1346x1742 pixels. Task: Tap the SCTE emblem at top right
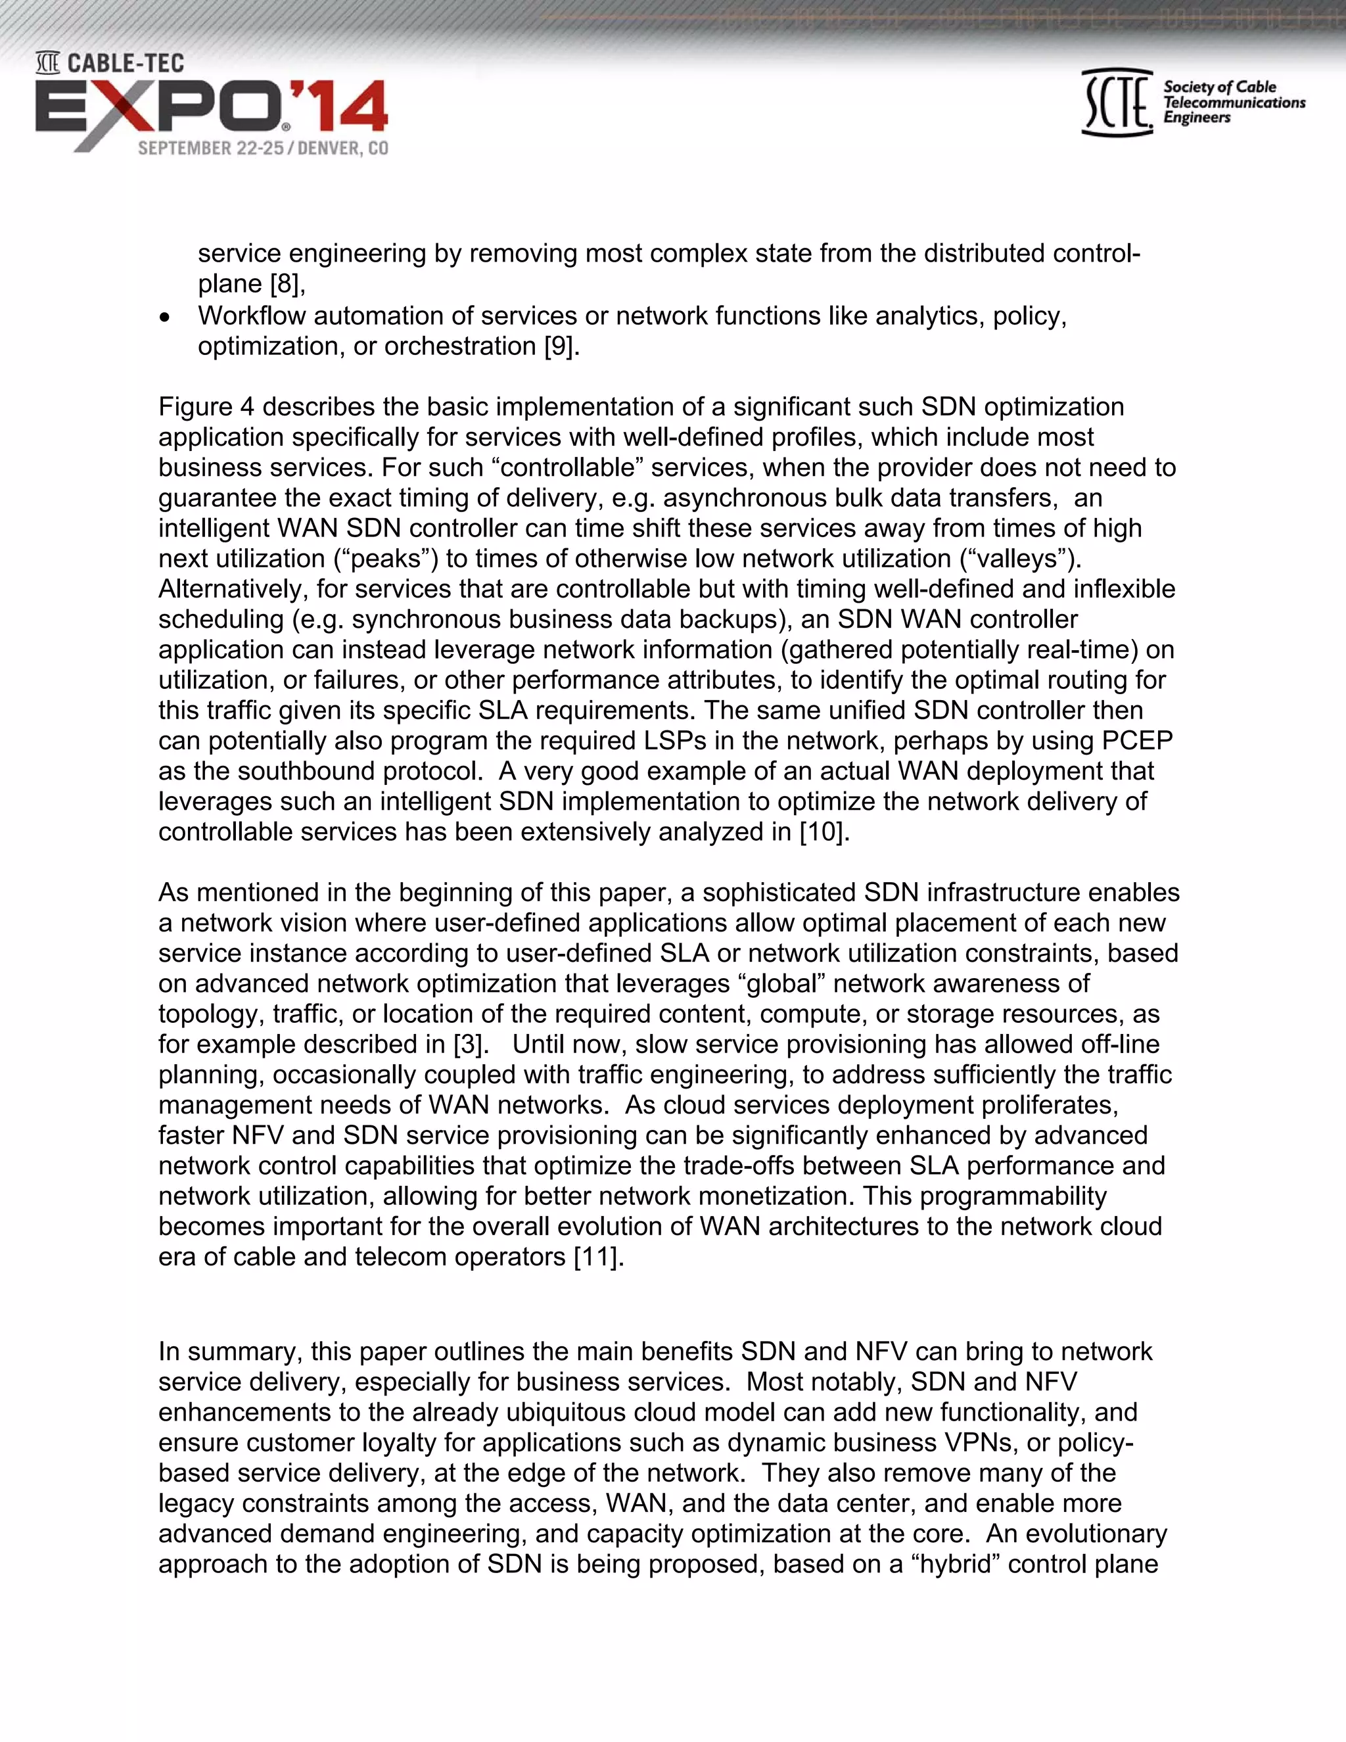click(x=1117, y=102)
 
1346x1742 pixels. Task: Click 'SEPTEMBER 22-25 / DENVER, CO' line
click(x=262, y=149)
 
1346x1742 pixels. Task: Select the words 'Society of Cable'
click(x=1219, y=87)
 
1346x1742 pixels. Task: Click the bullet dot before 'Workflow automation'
click(x=165, y=318)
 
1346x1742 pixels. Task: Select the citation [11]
click(x=598, y=1257)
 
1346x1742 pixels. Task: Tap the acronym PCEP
click(x=1137, y=741)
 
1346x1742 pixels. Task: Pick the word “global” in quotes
click(x=781, y=983)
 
